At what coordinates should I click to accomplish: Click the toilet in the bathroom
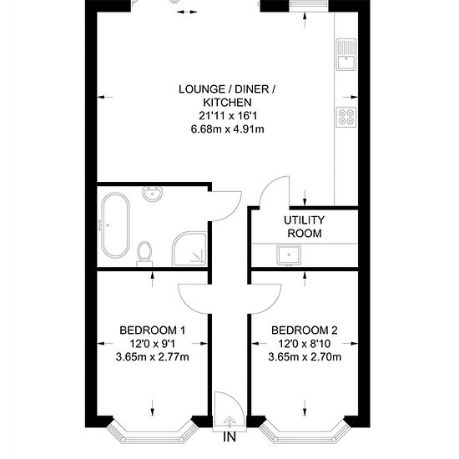tap(144, 254)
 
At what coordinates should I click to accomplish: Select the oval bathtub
tap(115, 225)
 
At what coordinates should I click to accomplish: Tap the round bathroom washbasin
tap(152, 194)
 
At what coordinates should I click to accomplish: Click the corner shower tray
tap(189, 249)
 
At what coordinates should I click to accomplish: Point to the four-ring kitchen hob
tap(346, 117)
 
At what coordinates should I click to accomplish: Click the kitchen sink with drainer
tap(346, 54)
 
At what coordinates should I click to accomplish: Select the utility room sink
tap(289, 255)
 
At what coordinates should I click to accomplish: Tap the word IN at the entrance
tap(229, 437)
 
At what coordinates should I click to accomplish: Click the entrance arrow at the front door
tap(229, 421)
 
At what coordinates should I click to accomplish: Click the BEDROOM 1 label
tap(153, 330)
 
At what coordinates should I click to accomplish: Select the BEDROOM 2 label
tap(305, 330)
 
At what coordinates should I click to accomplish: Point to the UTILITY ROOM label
tap(305, 226)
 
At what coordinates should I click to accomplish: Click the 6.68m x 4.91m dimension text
tap(228, 129)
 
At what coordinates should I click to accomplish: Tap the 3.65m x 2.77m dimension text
tap(153, 357)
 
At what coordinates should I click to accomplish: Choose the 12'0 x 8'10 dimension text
tap(305, 344)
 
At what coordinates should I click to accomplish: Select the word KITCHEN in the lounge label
tap(228, 103)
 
